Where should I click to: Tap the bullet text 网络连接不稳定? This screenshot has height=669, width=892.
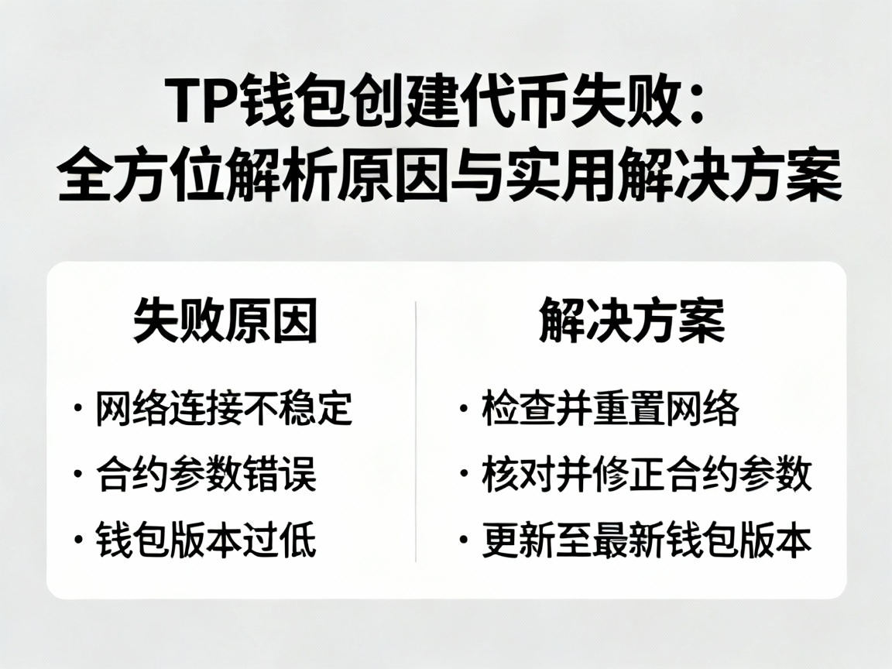(x=225, y=409)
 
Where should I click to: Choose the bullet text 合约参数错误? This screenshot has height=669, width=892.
(x=206, y=474)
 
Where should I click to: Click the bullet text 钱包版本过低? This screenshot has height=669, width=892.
(x=206, y=540)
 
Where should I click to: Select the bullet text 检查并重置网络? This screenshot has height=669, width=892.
(x=610, y=409)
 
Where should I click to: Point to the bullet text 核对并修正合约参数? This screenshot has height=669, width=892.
(x=647, y=474)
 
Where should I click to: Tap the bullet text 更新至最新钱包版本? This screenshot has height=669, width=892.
(x=647, y=540)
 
